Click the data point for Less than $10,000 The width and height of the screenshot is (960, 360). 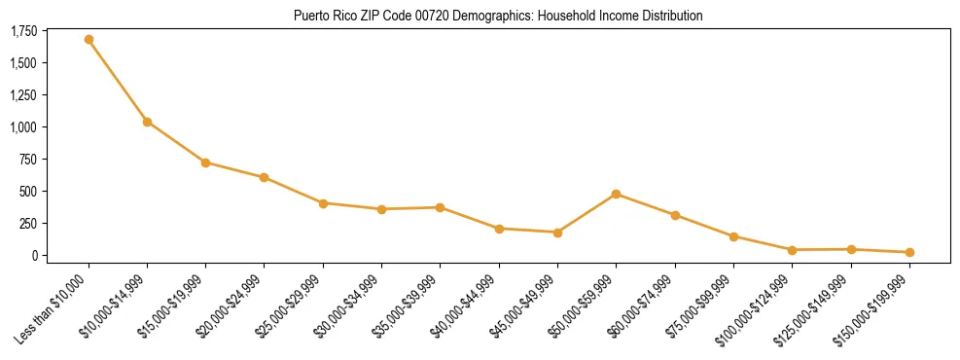click(x=89, y=40)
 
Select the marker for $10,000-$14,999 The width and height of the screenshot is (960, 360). click(x=147, y=122)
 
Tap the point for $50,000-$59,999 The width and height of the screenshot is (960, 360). click(x=616, y=194)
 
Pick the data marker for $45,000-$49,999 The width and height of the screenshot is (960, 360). click(x=557, y=233)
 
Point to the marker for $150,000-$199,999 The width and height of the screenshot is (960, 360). click(x=909, y=252)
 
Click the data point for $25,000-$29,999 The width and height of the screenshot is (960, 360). click(x=323, y=203)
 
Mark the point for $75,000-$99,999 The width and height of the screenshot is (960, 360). click(x=733, y=236)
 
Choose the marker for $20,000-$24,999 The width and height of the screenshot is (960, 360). click(x=264, y=177)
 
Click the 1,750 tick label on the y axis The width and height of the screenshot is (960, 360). click(x=23, y=31)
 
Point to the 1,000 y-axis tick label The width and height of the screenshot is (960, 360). click(x=23, y=127)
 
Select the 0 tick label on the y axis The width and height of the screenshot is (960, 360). click(x=35, y=256)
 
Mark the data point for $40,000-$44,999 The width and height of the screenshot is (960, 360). click(x=499, y=229)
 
